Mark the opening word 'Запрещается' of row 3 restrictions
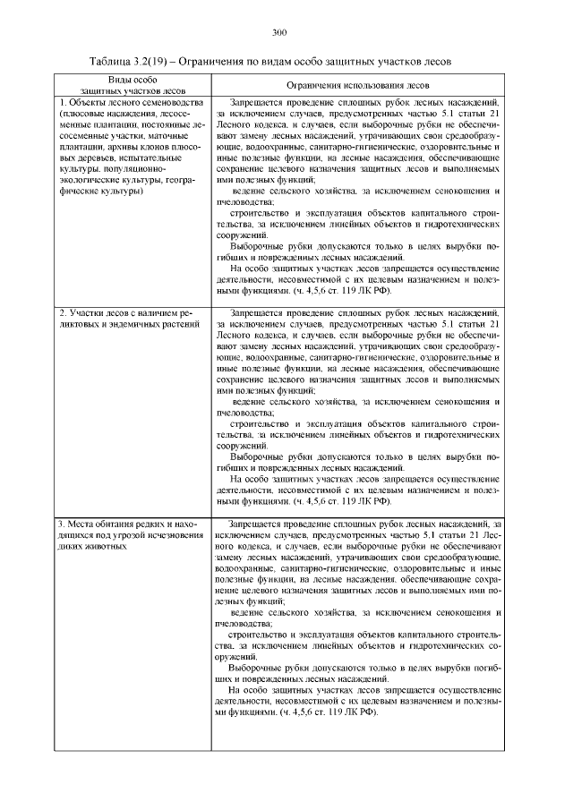click(x=254, y=522)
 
